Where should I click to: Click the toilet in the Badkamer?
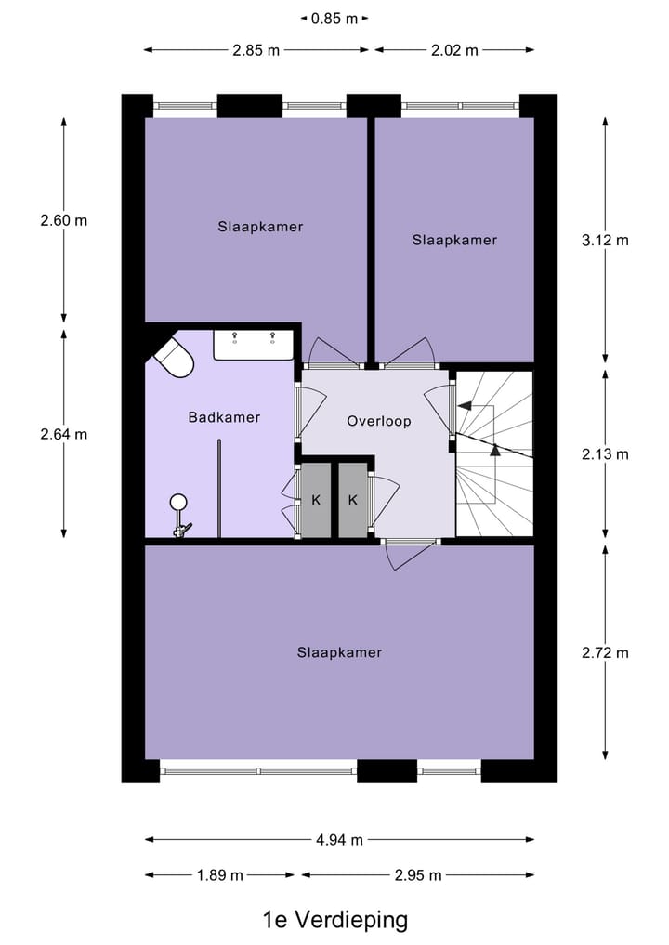click(174, 358)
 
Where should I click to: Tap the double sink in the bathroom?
click(254, 344)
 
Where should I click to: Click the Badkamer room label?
click(224, 417)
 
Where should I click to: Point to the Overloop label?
click(378, 421)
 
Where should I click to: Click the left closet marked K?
click(316, 500)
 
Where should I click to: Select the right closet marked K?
click(353, 500)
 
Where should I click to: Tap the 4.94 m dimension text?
click(339, 840)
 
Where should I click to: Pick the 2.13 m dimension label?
click(605, 454)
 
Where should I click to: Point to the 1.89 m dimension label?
click(219, 874)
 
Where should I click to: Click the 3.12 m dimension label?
click(605, 240)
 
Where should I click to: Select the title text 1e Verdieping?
click(335, 920)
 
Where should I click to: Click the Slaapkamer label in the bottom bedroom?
click(339, 652)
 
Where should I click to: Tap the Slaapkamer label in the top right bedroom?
click(454, 240)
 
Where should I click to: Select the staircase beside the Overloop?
click(493, 453)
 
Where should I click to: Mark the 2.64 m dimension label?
click(63, 434)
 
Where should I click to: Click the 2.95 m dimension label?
click(417, 874)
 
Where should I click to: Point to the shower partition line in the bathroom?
click(219, 490)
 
